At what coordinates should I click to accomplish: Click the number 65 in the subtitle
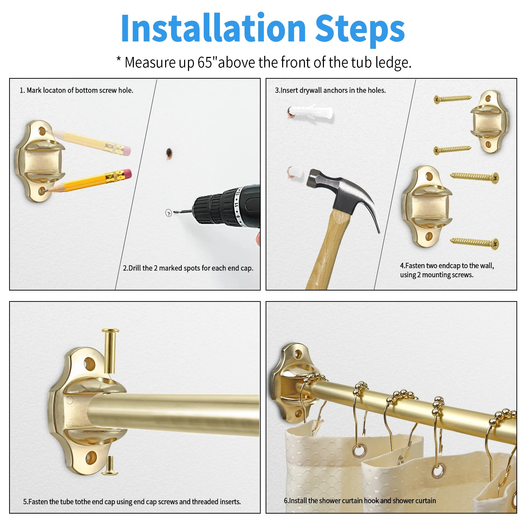[x=204, y=63]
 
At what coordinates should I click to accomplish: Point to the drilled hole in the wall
[x=169, y=152]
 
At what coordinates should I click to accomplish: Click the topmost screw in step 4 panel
[x=453, y=99]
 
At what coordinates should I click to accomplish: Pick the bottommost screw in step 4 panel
[x=474, y=242]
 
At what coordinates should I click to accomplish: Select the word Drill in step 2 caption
[x=135, y=268]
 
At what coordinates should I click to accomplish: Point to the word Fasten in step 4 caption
[x=416, y=266]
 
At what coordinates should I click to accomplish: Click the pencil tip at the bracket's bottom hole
[x=44, y=191]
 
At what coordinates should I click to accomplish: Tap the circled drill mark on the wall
[x=169, y=213]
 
